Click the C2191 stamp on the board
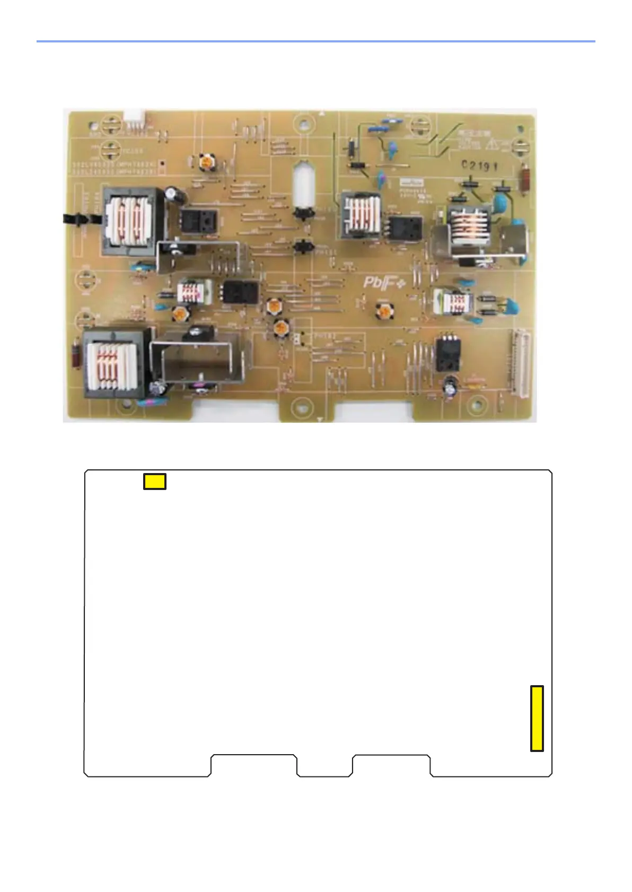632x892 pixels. [479, 165]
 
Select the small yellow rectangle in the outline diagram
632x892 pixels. [155, 481]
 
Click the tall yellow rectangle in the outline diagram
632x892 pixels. [537, 718]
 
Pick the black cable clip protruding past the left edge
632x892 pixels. [74, 219]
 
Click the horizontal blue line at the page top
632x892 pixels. [315, 41]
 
